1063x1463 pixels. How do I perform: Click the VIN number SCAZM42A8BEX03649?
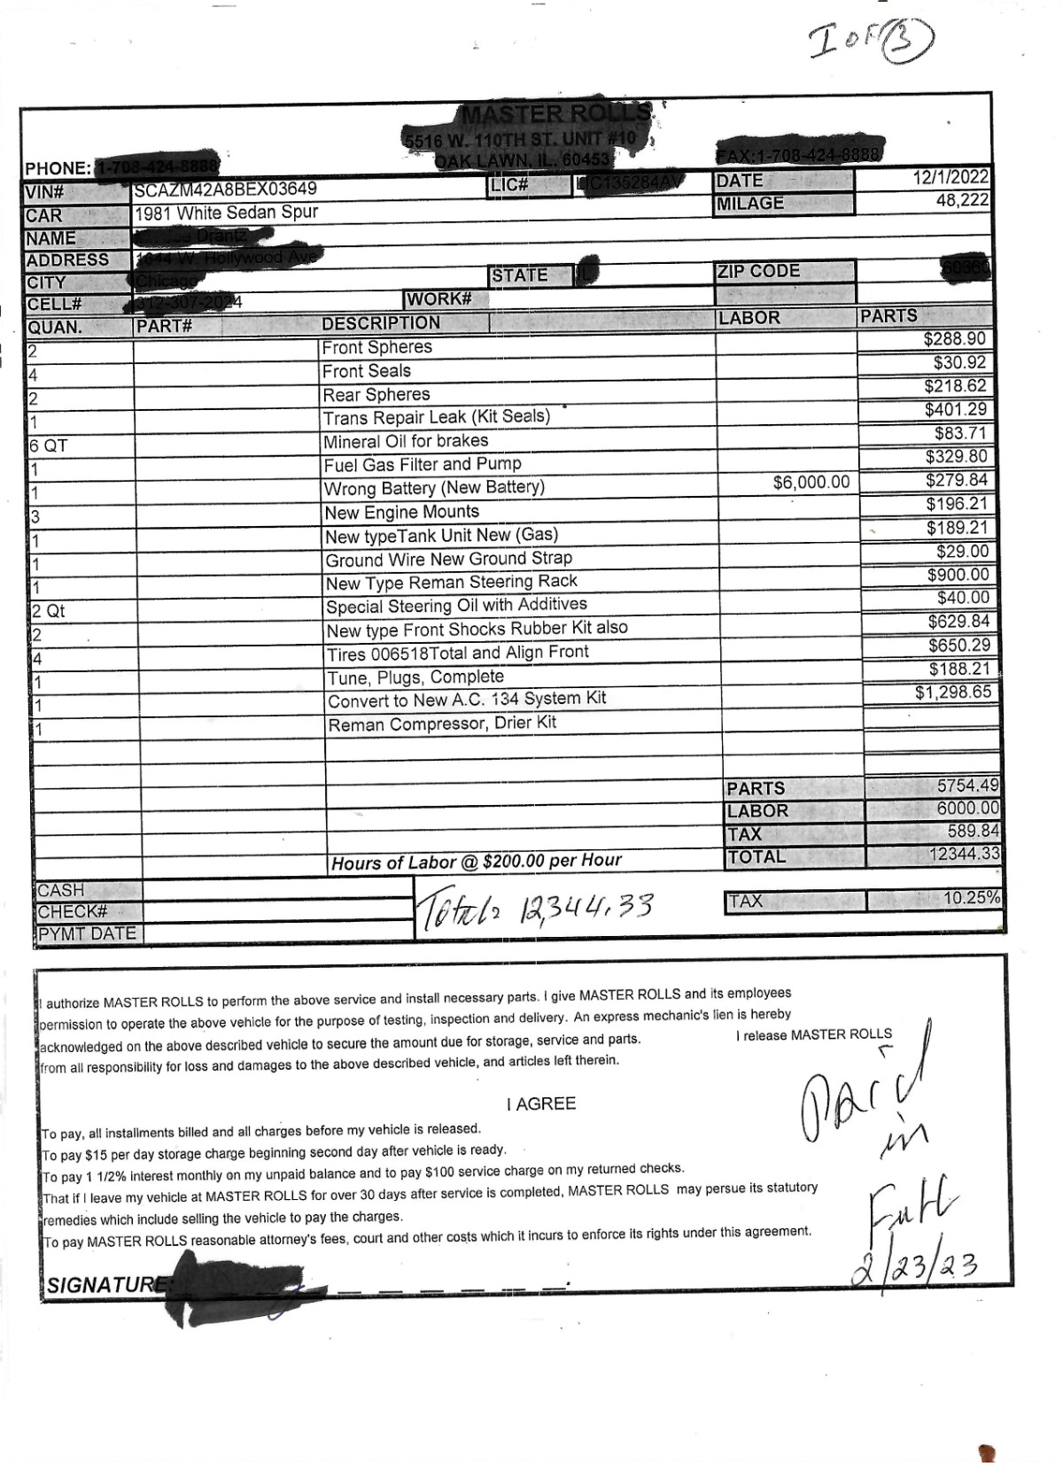[225, 189]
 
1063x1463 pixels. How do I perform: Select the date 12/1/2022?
[950, 178]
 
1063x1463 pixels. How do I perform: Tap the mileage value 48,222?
[962, 201]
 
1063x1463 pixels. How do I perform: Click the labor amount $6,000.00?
[811, 482]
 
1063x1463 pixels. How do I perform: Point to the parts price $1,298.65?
[953, 692]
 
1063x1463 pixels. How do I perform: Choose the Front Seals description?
[367, 371]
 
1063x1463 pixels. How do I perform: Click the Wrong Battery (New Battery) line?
[434, 488]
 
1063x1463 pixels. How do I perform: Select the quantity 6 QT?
[49, 445]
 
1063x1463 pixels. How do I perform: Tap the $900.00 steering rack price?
[958, 575]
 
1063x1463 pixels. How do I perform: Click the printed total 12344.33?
[965, 854]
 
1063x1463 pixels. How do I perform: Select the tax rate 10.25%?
[971, 898]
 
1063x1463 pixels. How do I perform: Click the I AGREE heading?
[541, 1103]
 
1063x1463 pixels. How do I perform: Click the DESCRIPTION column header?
[381, 323]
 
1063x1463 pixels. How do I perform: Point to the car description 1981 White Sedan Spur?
[226, 213]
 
